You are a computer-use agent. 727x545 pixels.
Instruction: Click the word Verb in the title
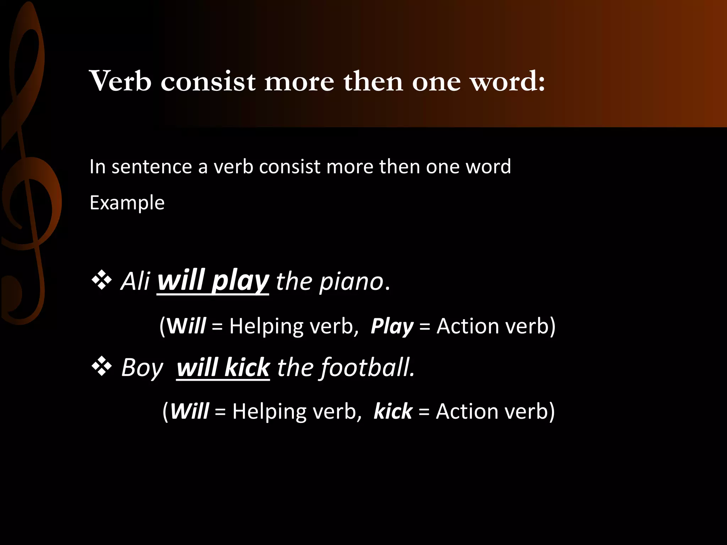(120, 81)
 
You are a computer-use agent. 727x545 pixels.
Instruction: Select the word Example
(127, 203)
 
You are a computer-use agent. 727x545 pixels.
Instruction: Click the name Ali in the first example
(135, 281)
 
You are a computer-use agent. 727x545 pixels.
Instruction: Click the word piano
(351, 282)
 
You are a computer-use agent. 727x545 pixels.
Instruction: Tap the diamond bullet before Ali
(102, 280)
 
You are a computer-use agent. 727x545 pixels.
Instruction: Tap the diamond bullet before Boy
(102, 366)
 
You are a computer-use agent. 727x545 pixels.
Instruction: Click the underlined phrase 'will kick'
(223, 367)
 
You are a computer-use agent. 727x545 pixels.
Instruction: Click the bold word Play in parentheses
(392, 326)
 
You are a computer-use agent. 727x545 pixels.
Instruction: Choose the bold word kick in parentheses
(393, 412)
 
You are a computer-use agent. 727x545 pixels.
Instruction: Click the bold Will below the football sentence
(189, 412)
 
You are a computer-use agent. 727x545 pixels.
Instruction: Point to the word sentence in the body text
(152, 166)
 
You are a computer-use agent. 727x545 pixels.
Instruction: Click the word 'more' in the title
(299, 82)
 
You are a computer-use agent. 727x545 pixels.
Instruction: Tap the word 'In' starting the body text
(97, 166)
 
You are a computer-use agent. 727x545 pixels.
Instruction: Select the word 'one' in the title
(436, 82)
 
